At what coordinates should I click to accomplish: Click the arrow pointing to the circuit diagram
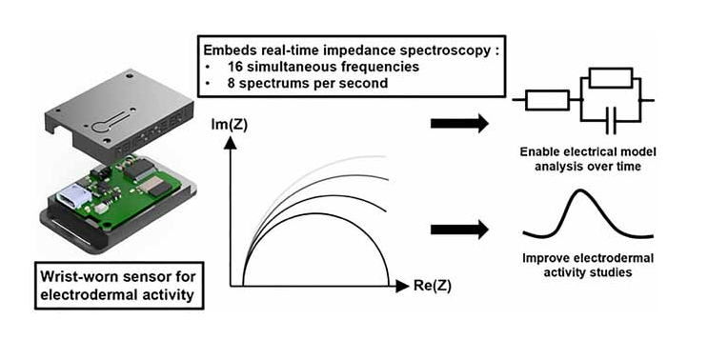point(459,123)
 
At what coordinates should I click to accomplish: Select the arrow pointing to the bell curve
point(459,229)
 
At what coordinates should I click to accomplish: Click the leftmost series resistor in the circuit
point(546,98)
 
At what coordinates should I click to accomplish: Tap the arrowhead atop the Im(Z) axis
point(229,144)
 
